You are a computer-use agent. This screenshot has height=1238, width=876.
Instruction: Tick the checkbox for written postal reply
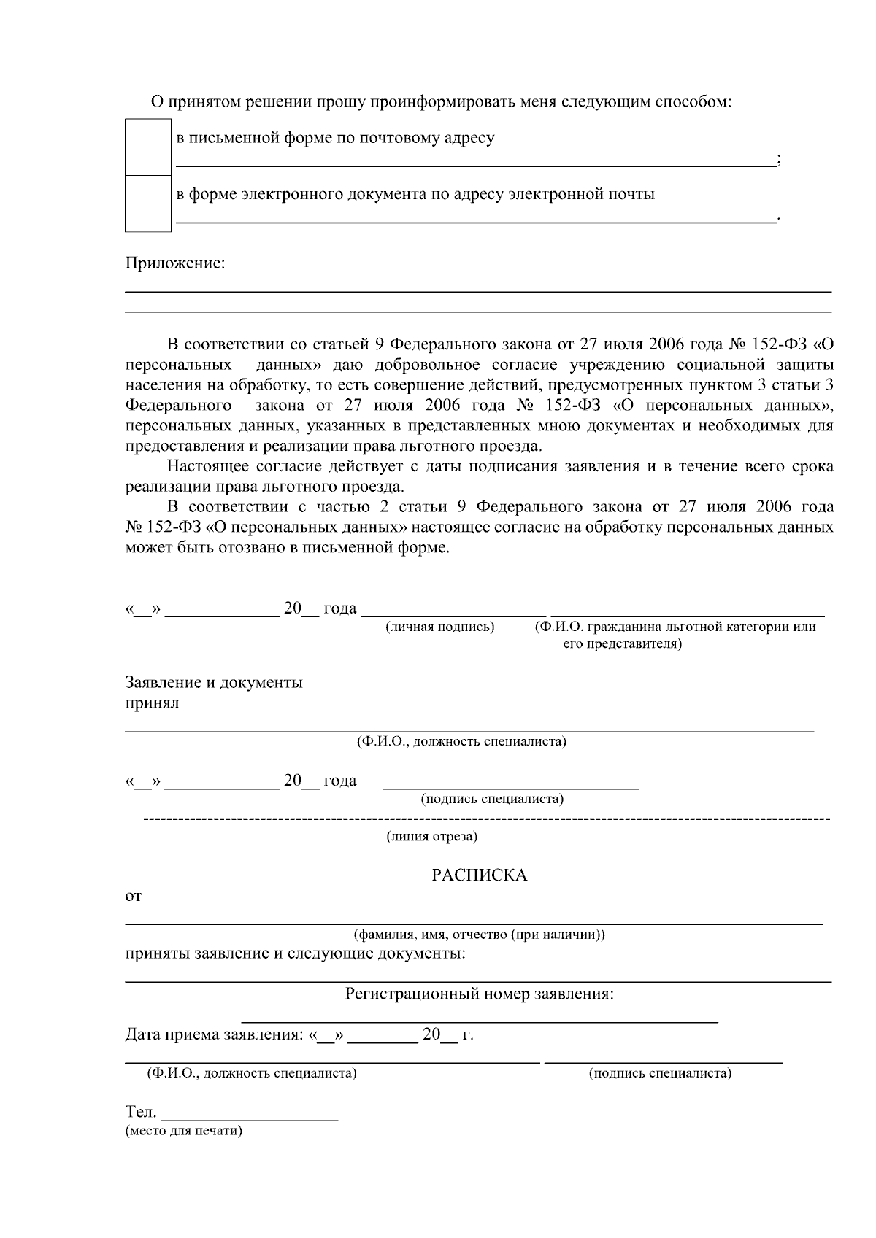(148, 147)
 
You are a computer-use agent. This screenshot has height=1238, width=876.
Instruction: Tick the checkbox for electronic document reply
(148, 204)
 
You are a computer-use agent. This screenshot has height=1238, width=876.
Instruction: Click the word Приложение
(175, 263)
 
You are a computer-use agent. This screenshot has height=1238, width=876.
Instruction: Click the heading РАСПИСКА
(479, 875)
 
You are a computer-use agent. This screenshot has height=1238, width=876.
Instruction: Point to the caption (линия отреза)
(431, 837)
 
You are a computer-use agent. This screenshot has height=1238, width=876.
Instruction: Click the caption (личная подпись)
(439, 627)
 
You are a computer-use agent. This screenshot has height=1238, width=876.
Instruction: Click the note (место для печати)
(183, 1131)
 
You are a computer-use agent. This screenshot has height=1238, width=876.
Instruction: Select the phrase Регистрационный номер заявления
(479, 994)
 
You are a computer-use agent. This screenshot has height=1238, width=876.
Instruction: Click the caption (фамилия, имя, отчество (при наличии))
(479, 935)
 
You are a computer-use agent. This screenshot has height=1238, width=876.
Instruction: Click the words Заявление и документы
(214, 683)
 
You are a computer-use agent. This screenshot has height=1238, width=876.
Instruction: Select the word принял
(152, 703)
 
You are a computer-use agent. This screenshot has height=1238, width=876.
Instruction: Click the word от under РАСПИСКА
(133, 896)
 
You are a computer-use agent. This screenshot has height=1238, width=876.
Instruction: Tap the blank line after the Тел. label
(250, 1117)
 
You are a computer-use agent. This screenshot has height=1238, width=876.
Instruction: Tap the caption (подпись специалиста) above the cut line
(492, 799)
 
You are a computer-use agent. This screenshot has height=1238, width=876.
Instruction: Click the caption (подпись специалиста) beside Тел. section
(660, 1073)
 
